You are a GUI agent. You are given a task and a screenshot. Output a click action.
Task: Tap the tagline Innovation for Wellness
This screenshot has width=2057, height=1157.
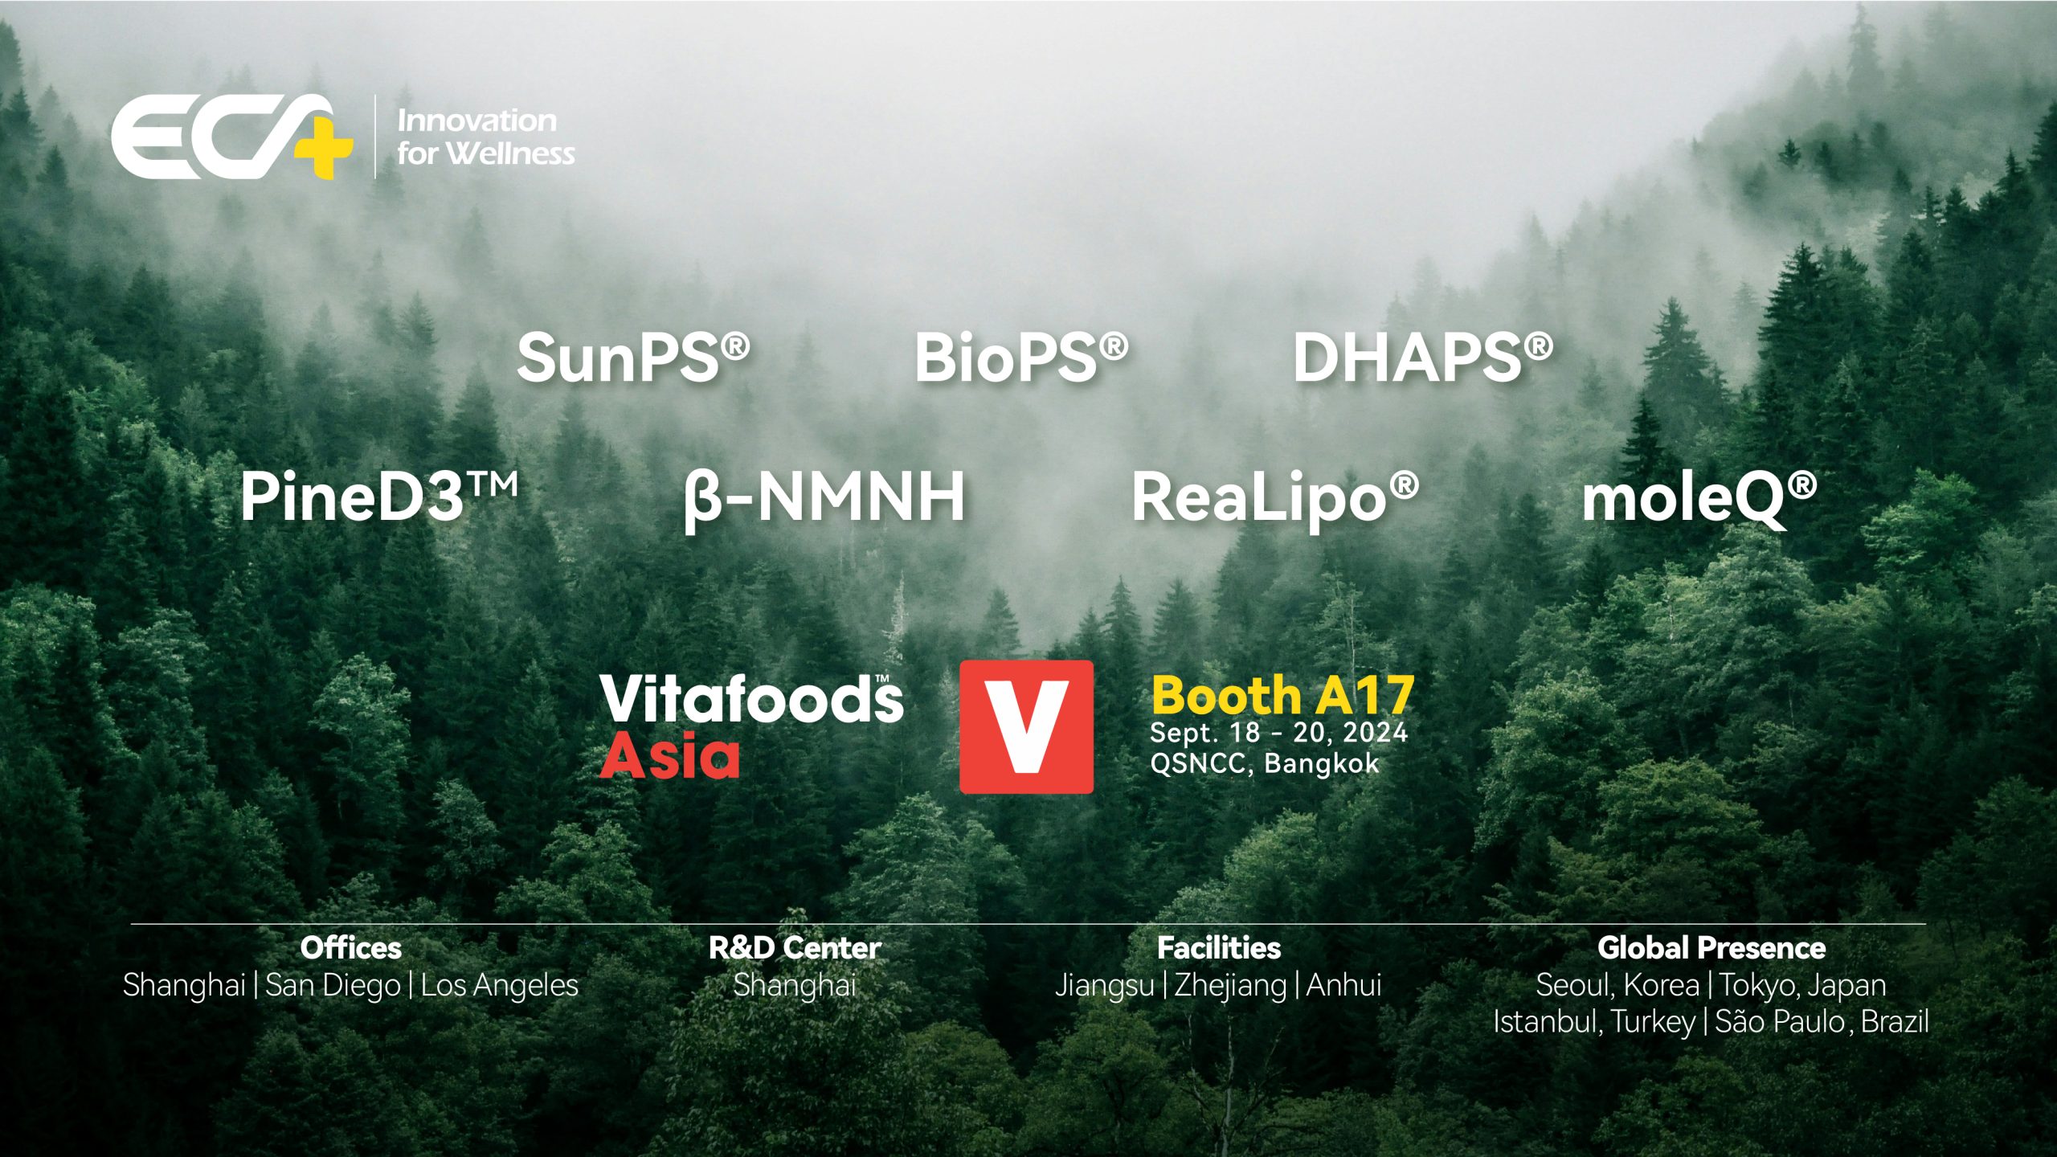coord(485,137)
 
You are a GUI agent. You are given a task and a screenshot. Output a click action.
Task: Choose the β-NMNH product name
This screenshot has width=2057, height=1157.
coord(824,497)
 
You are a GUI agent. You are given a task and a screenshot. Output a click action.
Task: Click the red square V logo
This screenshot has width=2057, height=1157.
coord(1026,726)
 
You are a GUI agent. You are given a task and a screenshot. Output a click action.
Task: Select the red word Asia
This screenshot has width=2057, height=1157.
coord(669,757)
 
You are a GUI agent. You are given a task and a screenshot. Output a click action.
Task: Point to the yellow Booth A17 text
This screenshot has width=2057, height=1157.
coord(1282,695)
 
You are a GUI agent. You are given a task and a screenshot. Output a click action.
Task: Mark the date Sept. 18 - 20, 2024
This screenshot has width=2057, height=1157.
coord(1278,733)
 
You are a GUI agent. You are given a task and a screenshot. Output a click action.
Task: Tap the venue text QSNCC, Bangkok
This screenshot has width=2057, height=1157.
coord(1264,763)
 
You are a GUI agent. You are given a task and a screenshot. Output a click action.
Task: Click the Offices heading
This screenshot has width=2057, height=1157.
coord(350,948)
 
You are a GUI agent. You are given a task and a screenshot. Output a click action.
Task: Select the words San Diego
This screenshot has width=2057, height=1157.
coord(333,985)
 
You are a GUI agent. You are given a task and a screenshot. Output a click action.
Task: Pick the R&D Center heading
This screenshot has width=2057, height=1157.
coord(795,948)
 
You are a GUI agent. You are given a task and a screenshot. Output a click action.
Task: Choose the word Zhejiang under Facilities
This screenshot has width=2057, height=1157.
coord(1230,985)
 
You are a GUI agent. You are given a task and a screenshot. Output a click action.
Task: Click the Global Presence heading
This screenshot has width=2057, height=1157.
coord(1711,948)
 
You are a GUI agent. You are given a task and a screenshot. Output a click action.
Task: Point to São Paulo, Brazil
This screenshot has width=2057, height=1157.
coord(1821,1022)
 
